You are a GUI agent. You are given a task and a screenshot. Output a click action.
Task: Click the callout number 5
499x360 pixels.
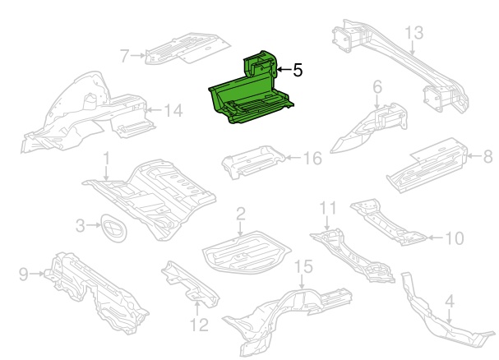pos(298,71)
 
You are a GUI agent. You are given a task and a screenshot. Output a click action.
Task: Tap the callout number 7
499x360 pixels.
pos(125,56)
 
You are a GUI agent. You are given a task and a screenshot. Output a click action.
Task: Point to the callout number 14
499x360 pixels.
pos(172,109)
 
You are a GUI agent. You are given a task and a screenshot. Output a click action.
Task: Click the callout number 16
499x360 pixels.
pos(312,157)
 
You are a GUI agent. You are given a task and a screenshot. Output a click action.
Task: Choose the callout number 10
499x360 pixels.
pos(455,238)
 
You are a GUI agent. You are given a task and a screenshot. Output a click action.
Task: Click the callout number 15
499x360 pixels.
pos(303,266)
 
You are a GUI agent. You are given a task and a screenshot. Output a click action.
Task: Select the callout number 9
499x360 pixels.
pos(22,274)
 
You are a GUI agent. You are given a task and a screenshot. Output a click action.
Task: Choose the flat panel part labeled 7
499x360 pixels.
pos(183,48)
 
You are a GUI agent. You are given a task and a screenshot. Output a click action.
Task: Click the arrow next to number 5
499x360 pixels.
pos(282,71)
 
